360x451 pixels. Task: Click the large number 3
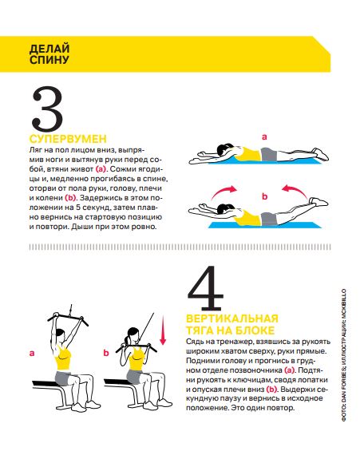point(47,109)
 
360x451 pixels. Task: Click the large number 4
point(205,288)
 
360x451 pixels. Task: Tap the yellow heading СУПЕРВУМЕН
point(68,139)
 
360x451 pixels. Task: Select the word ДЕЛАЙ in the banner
point(49,49)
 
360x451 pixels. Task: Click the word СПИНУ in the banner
point(49,60)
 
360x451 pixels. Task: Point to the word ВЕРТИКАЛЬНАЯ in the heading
point(232,318)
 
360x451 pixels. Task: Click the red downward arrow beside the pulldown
point(163,330)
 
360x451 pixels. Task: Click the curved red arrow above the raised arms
point(224,192)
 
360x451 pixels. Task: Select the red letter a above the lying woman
point(264,137)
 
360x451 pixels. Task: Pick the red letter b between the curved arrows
point(264,196)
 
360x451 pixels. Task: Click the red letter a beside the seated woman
point(32,353)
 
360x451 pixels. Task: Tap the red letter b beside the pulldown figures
point(106,353)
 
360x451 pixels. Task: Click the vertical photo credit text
point(344,355)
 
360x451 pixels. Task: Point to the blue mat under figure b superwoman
point(264,225)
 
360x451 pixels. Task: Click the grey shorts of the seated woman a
point(64,378)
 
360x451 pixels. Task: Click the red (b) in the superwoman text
point(70,198)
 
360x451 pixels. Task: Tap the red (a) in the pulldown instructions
point(290,370)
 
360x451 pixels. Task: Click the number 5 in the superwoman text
point(78,208)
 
